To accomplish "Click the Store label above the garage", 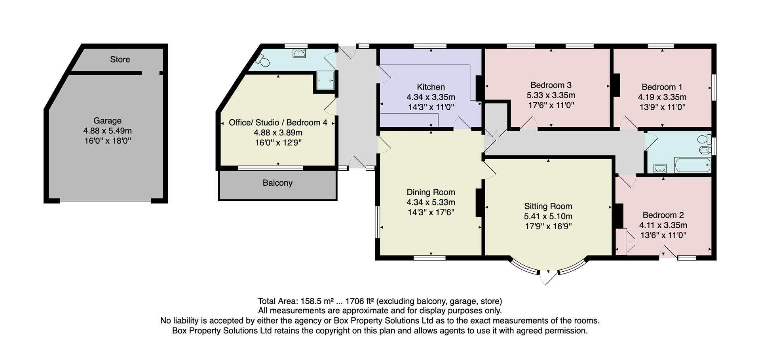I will [120, 59].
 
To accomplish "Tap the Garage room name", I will [107, 121].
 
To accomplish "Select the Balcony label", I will [277, 183].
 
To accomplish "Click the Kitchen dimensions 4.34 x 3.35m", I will [431, 97].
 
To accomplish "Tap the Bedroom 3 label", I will [551, 85].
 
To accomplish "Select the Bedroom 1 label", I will [661, 87].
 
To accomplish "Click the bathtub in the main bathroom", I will [692, 165].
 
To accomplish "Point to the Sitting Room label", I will [548, 206].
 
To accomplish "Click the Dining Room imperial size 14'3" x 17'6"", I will [431, 212].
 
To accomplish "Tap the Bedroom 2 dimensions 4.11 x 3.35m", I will [663, 225].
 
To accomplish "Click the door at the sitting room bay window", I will [549, 277].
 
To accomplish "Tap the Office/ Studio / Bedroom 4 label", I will [278, 123].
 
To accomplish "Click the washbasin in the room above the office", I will [299, 53].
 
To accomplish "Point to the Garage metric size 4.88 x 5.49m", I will [107, 131].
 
